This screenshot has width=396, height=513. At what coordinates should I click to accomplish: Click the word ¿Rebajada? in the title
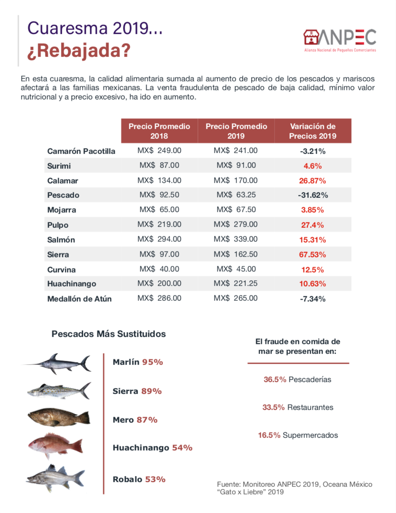click(x=79, y=51)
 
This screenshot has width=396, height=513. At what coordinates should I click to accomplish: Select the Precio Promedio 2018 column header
click(x=159, y=131)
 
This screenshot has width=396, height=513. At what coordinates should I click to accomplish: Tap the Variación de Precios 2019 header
click(x=313, y=131)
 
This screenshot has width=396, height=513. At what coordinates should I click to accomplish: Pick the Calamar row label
click(x=63, y=181)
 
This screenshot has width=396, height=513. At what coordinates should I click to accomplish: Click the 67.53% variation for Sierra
click(x=313, y=255)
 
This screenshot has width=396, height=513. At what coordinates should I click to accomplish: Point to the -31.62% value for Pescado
click(x=313, y=195)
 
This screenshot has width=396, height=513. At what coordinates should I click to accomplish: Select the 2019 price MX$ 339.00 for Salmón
click(x=235, y=239)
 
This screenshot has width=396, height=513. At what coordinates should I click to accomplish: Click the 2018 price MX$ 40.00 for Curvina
click(x=159, y=269)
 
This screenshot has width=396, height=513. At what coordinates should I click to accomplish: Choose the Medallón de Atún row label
click(x=80, y=299)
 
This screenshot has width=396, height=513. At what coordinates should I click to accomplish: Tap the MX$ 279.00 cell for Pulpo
click(x=235, y=224)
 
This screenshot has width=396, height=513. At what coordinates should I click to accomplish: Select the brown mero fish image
click(x=59, y=418)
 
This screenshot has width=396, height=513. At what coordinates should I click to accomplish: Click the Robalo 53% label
click(x=139, y=479)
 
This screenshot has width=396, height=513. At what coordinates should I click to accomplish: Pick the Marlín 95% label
click(x=138, y=362)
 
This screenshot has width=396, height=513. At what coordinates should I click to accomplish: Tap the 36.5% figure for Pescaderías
click(x=275, y=379)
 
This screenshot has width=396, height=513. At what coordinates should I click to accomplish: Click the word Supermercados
click(x=310, y=435)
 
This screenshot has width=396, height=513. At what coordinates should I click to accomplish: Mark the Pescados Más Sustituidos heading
click(x=109, y=334)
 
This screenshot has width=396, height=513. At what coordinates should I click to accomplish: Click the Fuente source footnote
click(x=294, y=488)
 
